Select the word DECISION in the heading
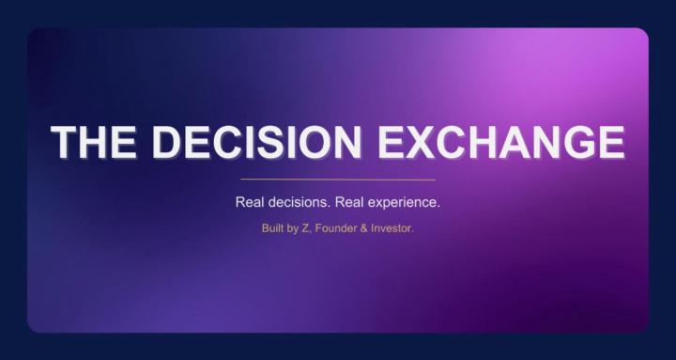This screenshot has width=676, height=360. click(255, 141)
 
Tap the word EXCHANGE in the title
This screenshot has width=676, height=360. click(501, 141)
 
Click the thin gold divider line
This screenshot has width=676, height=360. click(338, 179)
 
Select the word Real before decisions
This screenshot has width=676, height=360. click(252, 202)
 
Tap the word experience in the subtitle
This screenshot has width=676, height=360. click(407, 202)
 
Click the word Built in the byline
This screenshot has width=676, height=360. click(274, 227)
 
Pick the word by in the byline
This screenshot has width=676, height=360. click(296, 227)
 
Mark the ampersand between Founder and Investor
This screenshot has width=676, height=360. click(367, 227)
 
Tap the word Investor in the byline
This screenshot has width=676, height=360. click(393, 227)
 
